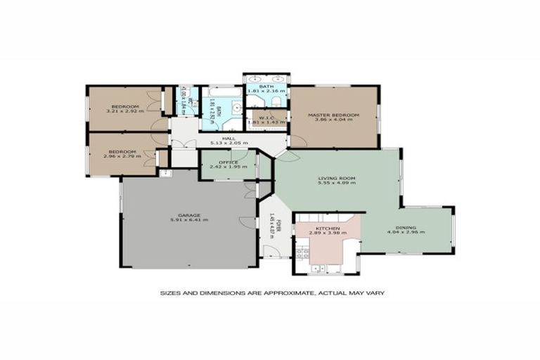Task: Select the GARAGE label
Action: [x=189, y=214]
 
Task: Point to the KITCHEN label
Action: [x=328, y=229]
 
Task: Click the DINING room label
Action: [x=406, y=228]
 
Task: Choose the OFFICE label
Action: [x=228, y=162]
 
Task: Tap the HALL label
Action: [x=228, y=139]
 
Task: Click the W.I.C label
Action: [x=266, y=117]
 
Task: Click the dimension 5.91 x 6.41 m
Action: [x=189, y=220]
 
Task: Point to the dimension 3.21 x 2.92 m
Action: [x=124, y=111]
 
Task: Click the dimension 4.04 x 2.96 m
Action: [x=406, y=233]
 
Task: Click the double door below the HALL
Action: [x=185, y=144]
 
